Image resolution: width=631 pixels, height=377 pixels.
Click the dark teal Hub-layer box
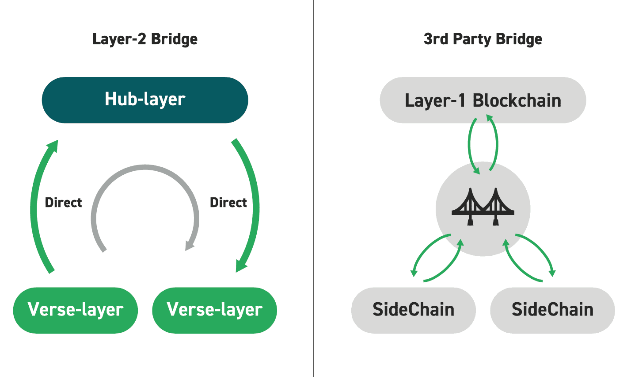[x=145, y=100]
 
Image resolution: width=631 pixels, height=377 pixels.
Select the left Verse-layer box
[x=76, y=310]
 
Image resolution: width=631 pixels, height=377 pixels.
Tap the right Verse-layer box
[x=215, y=310]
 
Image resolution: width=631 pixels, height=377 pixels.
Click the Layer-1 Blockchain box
[x=483, y=100]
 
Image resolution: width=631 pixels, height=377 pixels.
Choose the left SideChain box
[x=414, y=310]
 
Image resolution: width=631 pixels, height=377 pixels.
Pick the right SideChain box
[x=552, y=310]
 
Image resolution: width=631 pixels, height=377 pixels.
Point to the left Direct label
[x=64, y=203]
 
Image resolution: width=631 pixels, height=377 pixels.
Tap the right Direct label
[x=228, y=203]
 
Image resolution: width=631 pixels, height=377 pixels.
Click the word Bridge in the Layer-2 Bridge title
[x=174, y=39]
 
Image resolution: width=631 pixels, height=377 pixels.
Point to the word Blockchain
[x=517, y=100]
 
